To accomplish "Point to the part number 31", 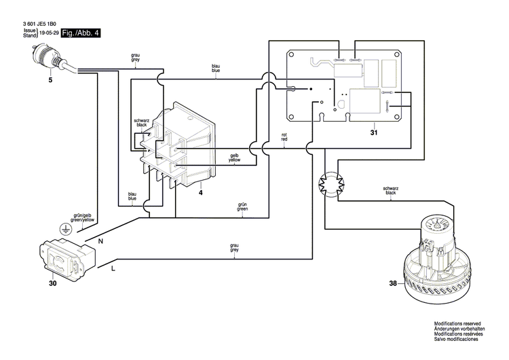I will click(374, 133).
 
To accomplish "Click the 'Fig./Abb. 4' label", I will click(80, 33).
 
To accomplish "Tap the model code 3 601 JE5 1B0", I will click(43, 24).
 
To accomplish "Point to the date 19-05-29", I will click(50, 33).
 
